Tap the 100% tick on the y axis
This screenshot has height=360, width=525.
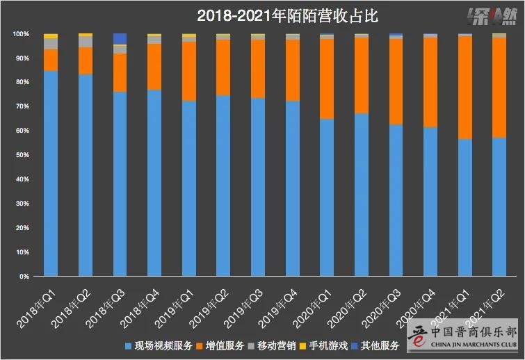click(x=20, y=34)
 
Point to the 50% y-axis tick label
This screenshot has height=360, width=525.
click(x=22, y=155)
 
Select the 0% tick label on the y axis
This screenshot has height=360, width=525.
click(x=24, y=277)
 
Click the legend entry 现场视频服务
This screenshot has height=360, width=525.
click(x=156, y=345)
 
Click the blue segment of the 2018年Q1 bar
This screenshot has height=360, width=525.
click(x=51, y=174)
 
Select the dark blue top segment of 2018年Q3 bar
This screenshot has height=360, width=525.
click(x=120, y=38)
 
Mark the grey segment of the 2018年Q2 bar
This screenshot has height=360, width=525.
click(x=86, y=42)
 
